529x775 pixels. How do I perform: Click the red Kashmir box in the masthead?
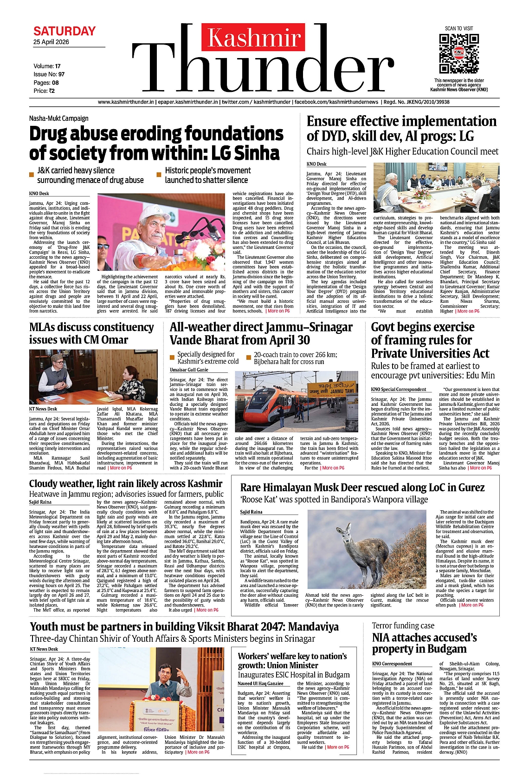[253, 38]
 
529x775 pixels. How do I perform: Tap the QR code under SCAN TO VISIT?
[458, 53]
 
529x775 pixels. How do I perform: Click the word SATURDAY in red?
[65, 32]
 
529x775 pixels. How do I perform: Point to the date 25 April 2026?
[51, 42]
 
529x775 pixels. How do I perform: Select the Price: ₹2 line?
[44, 91]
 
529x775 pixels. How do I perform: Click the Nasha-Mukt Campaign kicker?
[58, 118]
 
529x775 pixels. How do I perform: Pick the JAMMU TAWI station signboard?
[332, 388]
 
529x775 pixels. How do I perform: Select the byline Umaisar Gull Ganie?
[189, 370]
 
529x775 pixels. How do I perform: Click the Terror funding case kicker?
[403, 626]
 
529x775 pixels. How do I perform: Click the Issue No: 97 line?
[49, 74]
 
